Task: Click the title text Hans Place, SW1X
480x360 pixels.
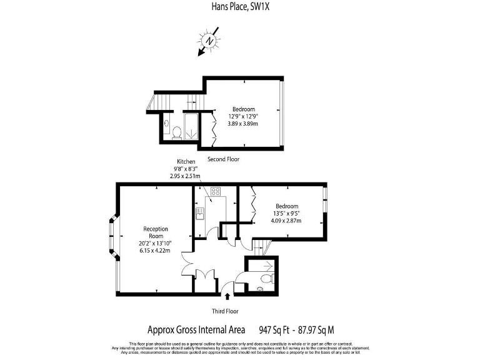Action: pyautogui.click(x=240, y=7)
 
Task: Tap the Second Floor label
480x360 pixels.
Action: pyautogui.click(x=223, y=159)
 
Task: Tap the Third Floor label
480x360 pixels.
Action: pyautogui.click(x=224, y=311)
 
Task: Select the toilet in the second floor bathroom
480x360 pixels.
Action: pyautogui.click(x=177, y=131)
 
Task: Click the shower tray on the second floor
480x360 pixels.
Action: pyautogui.click(x=191, y=127)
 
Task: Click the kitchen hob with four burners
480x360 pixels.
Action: pyautogui.click(x=216, y=192)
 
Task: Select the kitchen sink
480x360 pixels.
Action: pyautogui.click(x=199, y=214)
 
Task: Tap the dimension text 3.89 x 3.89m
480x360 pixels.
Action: pyautogui.click(x=246, y=124)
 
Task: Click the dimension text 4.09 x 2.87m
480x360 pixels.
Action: pyautogui.click(x=287, y=221)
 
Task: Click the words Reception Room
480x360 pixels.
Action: pyautogui.click(x=153, y=232)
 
